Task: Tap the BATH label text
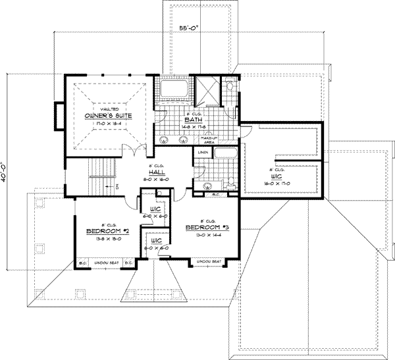click(x=192, y=120)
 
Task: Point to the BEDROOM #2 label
click(x=107, y=232)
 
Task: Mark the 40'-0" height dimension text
click(x=9, y=170)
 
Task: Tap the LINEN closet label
click(x=202, y=153)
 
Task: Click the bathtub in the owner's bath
click(x=174, y=90)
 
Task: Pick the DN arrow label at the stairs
click(x=117, y=186)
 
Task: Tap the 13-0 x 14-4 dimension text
click(x=206, y=234)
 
